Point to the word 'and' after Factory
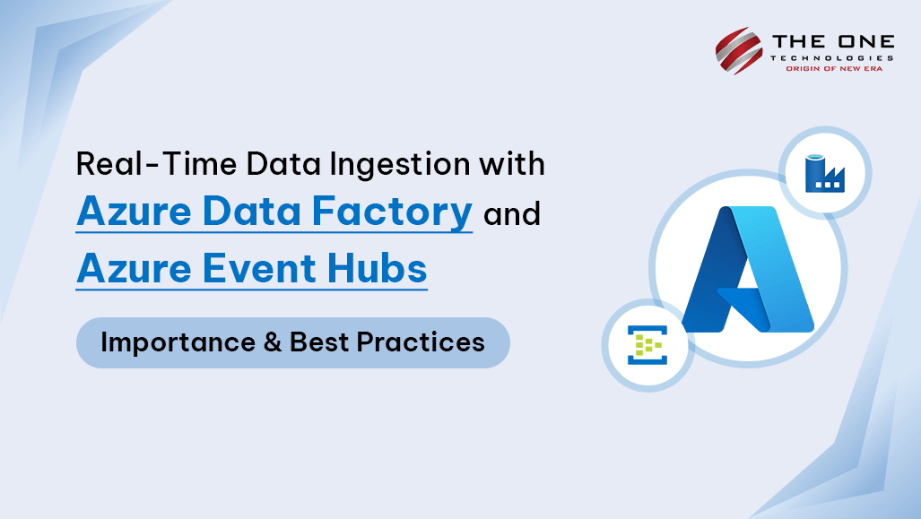click(512, 215)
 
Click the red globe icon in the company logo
click(738, 50)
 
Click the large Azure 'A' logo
click(747, 269)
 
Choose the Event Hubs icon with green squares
click(646, 345)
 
